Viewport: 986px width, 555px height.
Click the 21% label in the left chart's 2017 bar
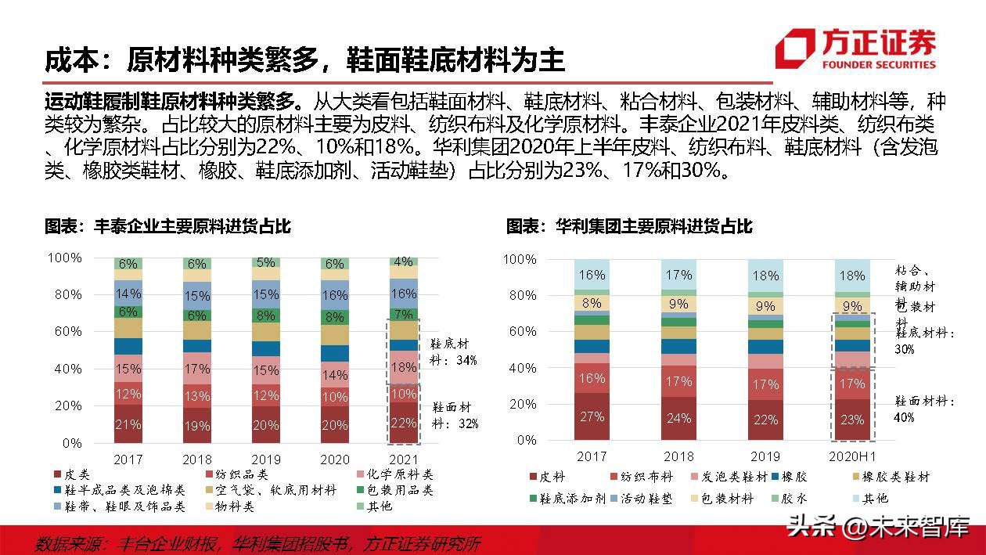pyautogui.click(x=128, y=424)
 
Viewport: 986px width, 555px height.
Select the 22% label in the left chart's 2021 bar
pyautogui.click(x=403, y=423)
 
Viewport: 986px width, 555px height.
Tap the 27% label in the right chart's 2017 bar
pyautogui.click(x=592, y=416)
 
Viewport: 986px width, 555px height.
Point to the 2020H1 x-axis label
pyautogui.click(x=851, y=456)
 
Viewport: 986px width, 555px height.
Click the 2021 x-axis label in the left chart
pyautogui.click(x=403, y=459)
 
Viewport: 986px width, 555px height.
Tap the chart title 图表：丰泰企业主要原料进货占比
pyautogui.click(x=167, y=226)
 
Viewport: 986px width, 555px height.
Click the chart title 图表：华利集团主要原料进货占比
pyautogui.click(x=629, y=226)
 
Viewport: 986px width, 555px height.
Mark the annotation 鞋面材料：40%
pyautogui.click(x=924, y=409)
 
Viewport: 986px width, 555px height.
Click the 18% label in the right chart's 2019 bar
pyautogui.click(x=765, y=276)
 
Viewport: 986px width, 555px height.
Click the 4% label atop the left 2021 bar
pyautogui.click(x=403, y=262)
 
